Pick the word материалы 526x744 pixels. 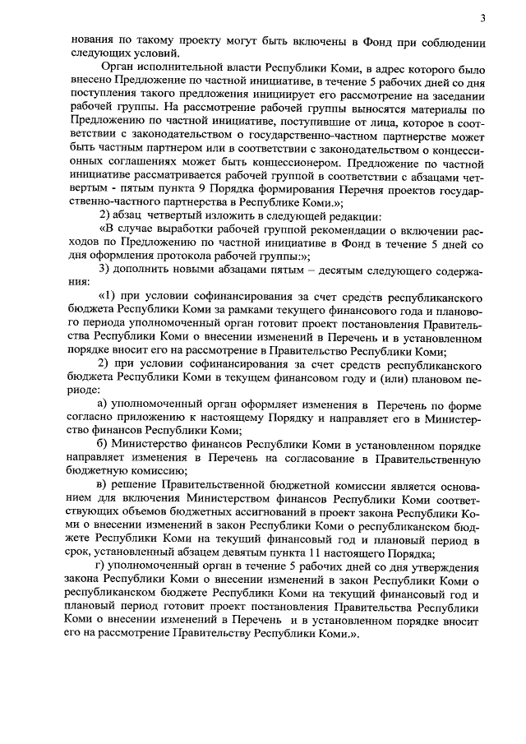(x=441, y=109)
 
